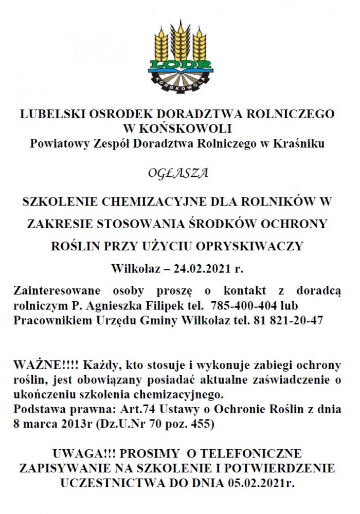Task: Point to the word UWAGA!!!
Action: (83, 454)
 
